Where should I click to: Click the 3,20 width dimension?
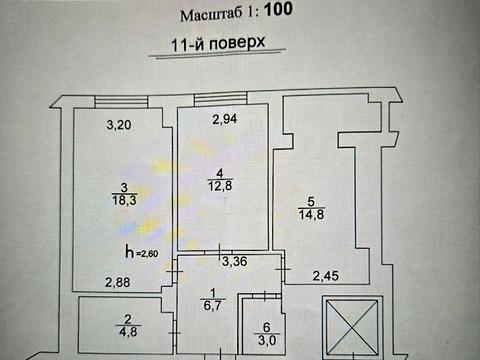pyautogui.click(x=121, y=126)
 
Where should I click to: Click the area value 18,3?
pyautogui.click(x=125, y=199)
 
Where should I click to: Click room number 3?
pyautogui.click(x=124, y=187)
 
